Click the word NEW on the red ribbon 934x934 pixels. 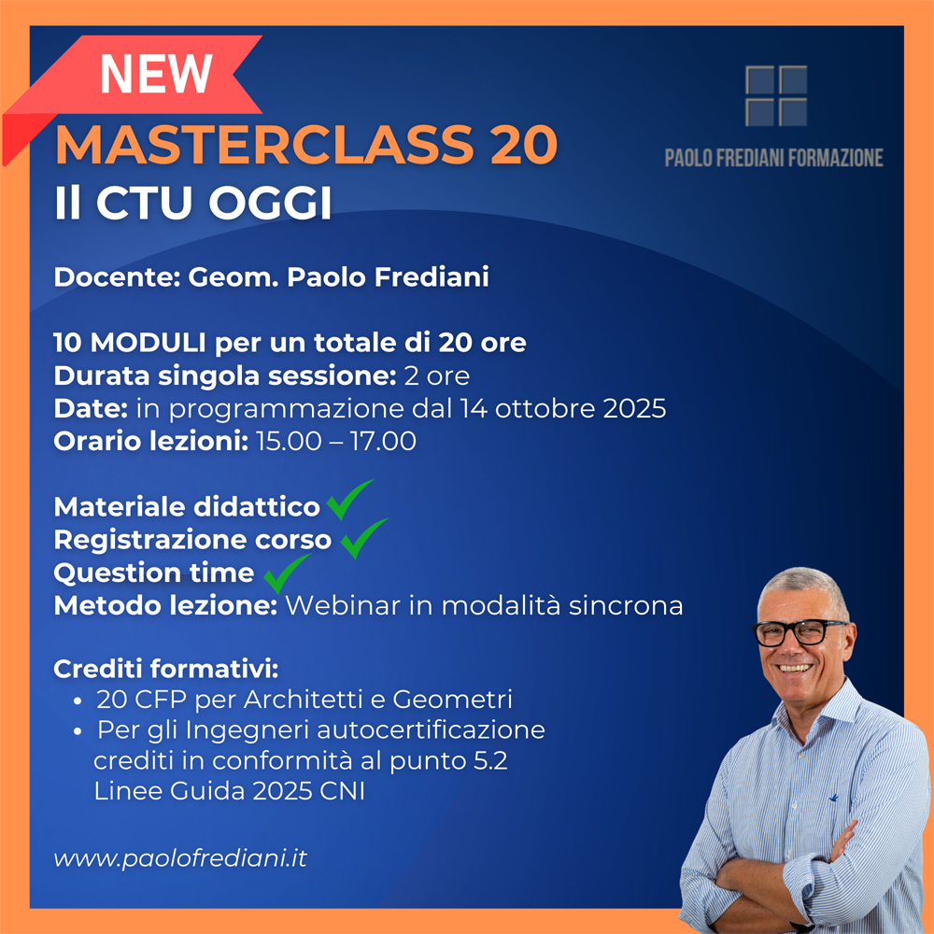[156, 74]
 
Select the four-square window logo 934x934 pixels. [776, 96]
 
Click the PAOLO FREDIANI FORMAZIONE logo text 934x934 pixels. [773, 158]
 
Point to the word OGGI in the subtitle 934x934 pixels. [270, 203]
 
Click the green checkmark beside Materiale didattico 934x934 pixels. [350, 499]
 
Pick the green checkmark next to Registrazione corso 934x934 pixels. [364, 538]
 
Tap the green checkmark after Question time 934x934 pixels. [287, 573]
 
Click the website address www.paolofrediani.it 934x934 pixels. [180, 858]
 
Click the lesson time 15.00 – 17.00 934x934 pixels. [336, 442]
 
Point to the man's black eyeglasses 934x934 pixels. [800, 632]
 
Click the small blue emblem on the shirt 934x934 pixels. [834, 797]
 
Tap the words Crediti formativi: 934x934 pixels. [166, 669]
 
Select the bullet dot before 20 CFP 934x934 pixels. [77, 701]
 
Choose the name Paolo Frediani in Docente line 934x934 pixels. [388, 277]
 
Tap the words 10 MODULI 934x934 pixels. [130, 343]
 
